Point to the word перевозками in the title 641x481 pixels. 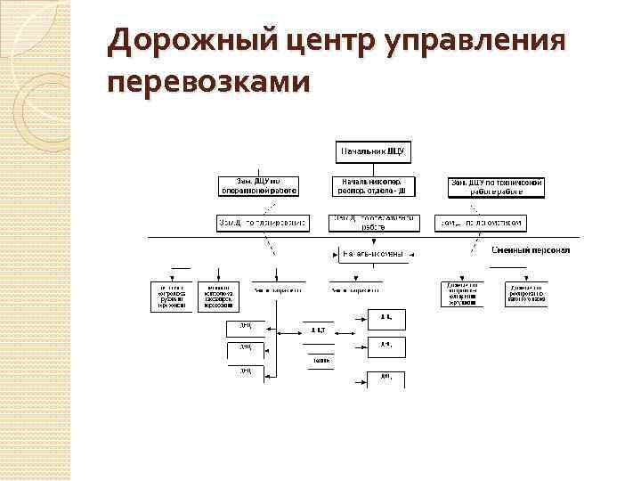click(208, 83)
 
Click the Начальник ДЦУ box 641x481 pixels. click(373, 152)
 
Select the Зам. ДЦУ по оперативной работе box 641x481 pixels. click(258, 186)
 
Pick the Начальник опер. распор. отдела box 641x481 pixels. click(373, 186)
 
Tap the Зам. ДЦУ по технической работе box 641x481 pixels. click(496, 186)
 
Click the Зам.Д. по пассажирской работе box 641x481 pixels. click(373, 223)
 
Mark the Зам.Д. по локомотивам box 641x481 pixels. click(482, 223)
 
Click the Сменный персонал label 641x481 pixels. click(531, 250)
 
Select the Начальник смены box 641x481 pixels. click(373, 255)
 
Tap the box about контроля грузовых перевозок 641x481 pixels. click(171, 295)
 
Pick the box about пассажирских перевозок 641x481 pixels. click(219, 295)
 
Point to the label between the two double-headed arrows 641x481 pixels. click(317, 330)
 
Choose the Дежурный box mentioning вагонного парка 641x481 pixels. click(525, 295)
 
